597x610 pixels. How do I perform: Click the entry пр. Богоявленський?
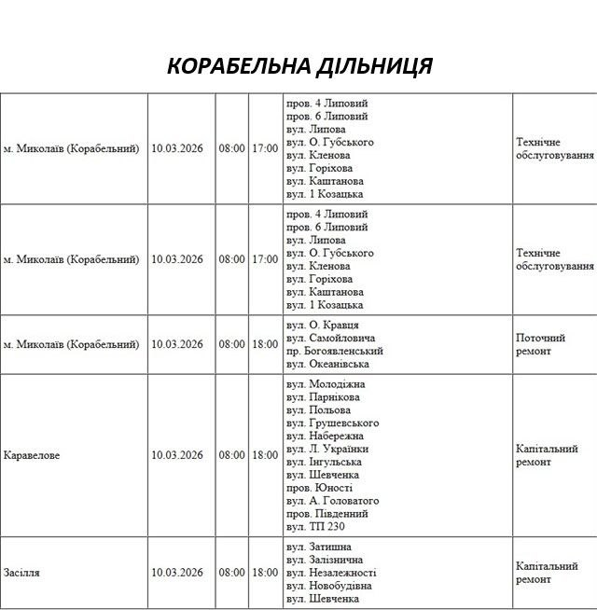click(335, 351)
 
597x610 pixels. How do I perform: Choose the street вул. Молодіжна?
click(326, 384)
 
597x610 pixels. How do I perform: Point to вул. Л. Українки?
click(327, 449)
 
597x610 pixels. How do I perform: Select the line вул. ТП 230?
click(316, 527)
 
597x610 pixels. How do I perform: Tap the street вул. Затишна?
click(320, 547)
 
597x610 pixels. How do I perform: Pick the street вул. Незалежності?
click(331, 573)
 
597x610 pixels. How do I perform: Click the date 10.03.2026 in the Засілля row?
click(177, 572)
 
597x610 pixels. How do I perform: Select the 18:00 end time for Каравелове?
click(265, 455)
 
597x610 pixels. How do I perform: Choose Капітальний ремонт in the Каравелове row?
click(547, 455)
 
